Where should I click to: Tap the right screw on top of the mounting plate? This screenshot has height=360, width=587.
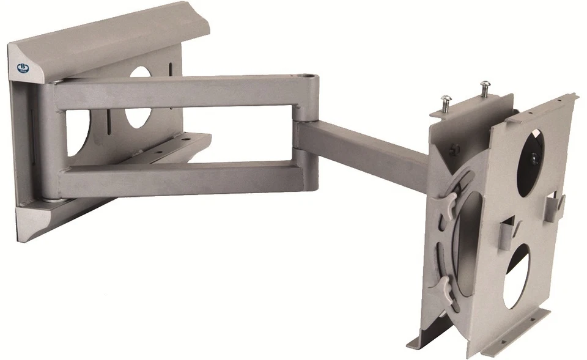485,87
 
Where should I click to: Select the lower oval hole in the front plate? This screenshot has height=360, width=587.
517,275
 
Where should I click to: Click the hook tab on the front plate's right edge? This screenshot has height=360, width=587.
555,204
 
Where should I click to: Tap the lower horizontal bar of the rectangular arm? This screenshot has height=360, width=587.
183,178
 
